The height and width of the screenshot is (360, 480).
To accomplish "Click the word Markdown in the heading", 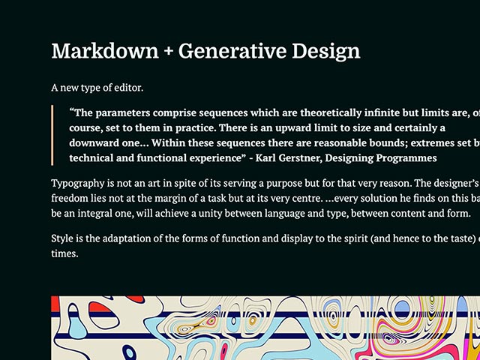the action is click(x=105, y=51).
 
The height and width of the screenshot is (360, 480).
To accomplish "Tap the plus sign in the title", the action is click(x=169, y=52).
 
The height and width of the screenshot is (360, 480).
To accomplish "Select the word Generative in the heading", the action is click(x=232, y=51).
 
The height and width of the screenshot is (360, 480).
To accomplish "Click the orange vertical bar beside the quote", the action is click(x=52, y=135).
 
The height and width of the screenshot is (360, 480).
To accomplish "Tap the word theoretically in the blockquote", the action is click(x=332, y=113).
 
